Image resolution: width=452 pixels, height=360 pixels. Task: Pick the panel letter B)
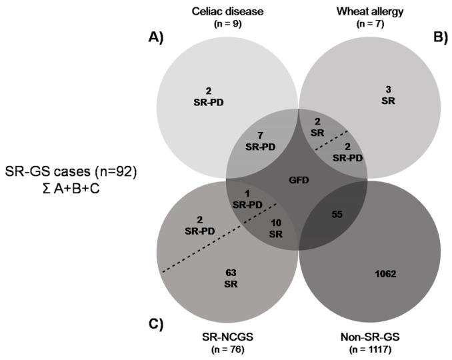439,38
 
